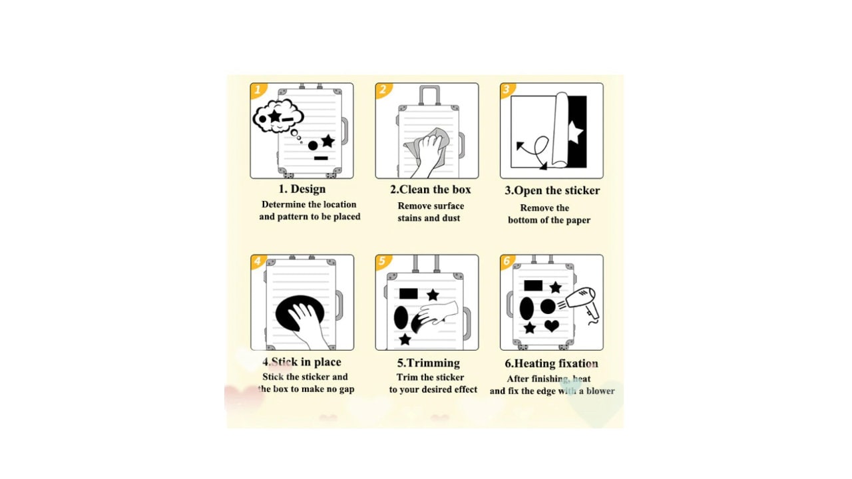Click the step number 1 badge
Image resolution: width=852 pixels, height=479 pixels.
(x=258, y=90)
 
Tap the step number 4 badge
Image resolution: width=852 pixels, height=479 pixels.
(x=258, y=261)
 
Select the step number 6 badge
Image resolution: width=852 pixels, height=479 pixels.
(x=507, y=261)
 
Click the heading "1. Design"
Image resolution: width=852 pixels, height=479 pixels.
(x=302, y=189)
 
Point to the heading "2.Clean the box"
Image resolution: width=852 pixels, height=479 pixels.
(x=430, y=190)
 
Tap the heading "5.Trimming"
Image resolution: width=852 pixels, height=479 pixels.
(x=429, y=363)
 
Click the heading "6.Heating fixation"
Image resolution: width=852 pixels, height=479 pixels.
(x=552, y=363)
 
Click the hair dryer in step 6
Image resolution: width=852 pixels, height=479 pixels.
(x=582, y=304)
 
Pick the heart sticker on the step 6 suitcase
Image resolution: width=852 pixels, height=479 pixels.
(x=552, y=326)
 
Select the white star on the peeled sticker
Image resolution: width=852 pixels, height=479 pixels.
(x=576, y=132)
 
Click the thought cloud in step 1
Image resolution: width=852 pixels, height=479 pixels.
(x=278, y=116)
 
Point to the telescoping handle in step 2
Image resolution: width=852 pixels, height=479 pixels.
(x=430, y=95)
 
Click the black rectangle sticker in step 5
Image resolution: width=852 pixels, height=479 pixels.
(x=409, y=293)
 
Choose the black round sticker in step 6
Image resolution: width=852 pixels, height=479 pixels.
(x=548, y=307)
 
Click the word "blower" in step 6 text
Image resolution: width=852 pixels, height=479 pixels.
(x=600, y=391)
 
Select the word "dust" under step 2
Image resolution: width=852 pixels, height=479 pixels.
(x=451, y=218)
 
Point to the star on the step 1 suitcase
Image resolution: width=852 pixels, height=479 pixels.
(x=328, y=141)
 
